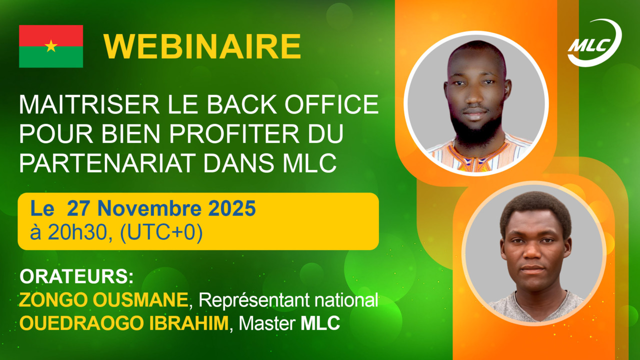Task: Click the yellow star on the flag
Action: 51,46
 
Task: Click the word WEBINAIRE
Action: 202,47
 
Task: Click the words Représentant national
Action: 288,300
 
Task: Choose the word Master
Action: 267,323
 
